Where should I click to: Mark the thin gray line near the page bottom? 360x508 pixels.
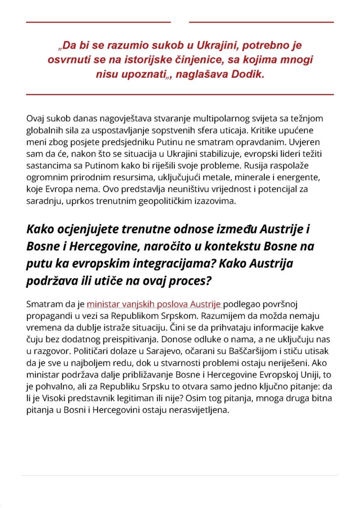180,476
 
